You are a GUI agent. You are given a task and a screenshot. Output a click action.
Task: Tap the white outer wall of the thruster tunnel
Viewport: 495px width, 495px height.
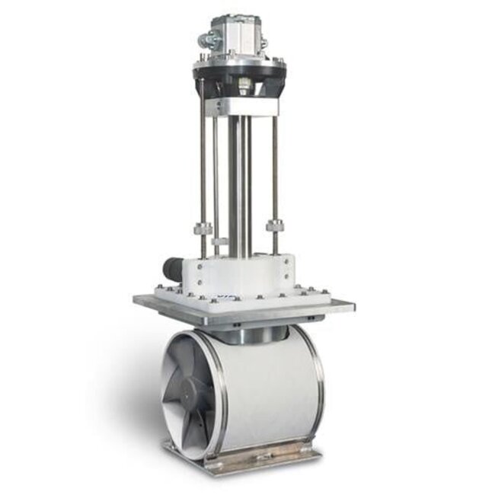[267, 388]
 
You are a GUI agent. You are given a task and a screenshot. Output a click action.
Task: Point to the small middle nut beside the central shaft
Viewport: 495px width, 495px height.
[220, 241]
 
